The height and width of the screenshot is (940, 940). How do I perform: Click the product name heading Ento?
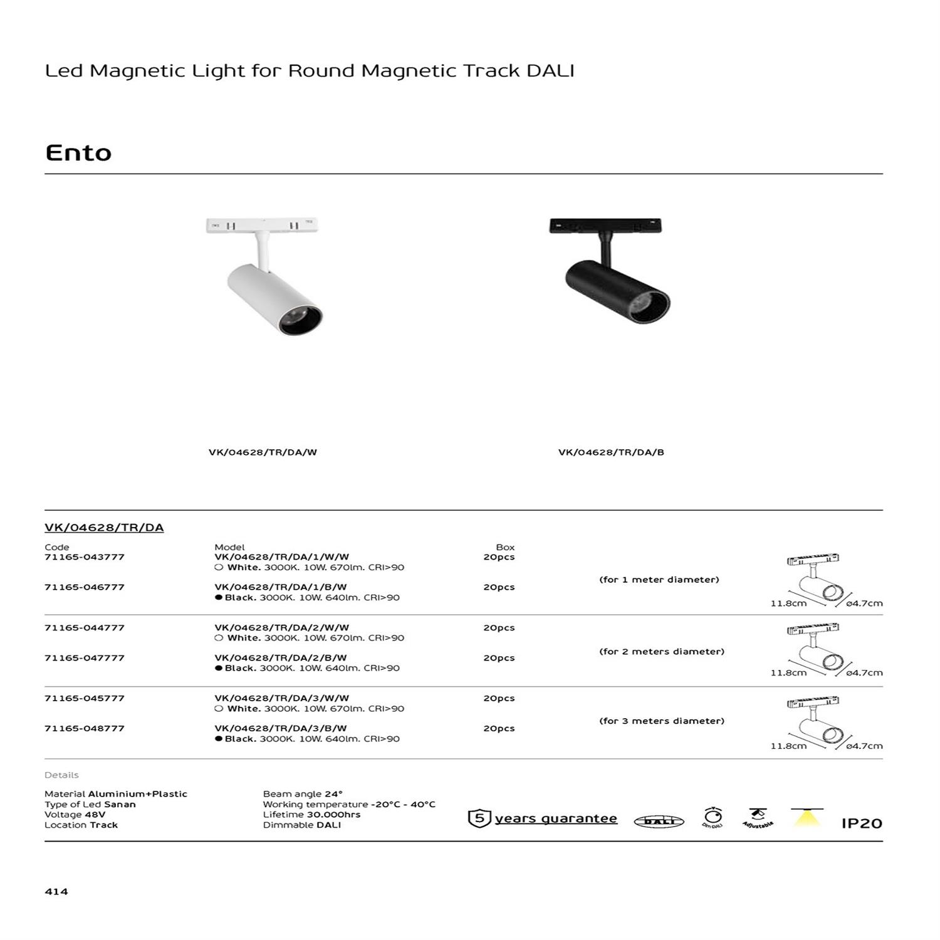coord(78,153)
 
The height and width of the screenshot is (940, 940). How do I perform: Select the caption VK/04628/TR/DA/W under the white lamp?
coord(263,452)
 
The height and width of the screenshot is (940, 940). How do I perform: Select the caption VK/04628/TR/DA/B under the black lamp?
coord(611,452)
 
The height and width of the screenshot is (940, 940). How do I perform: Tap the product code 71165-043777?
coord(85,557)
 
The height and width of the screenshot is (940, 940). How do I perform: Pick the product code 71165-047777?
coord(85,658)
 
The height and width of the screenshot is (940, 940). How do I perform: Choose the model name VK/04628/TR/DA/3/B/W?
coord(281,728)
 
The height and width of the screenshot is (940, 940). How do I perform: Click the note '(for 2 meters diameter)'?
coord(662,652)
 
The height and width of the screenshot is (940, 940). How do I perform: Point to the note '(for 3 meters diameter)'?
coord(662,721)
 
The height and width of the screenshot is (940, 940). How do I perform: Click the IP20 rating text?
coord(862,823)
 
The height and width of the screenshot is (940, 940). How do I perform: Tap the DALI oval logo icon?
coord(659,822)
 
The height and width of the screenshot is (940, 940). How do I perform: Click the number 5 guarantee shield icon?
coord(479,818)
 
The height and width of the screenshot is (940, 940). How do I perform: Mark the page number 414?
coord(56,892)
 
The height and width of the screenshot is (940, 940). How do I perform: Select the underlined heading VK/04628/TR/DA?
coord(104,528)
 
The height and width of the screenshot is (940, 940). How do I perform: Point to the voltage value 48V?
coord(95,815)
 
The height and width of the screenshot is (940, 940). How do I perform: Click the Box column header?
coord(505,547)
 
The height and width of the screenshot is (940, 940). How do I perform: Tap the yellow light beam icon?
coord(808,817)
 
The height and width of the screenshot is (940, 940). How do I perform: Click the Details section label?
coord(61,775)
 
